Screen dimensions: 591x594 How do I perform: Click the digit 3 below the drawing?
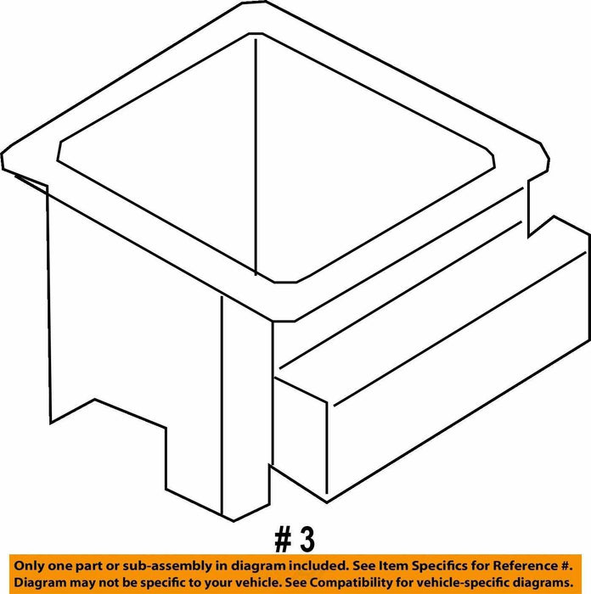[307, 540]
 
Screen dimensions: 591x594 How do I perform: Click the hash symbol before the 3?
[283, 541]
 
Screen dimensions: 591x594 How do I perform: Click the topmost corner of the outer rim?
[254, 2]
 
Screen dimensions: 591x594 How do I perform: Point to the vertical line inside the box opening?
[256, 157]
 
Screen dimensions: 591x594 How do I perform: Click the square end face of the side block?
[300, 438]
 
